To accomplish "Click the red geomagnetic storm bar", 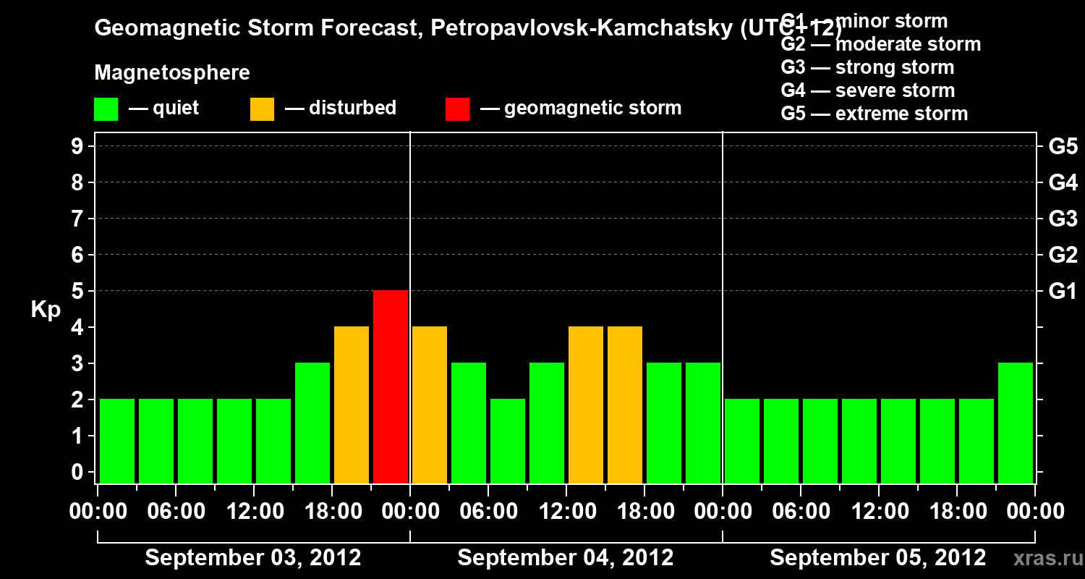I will pyautogui.click(x=391, y=386).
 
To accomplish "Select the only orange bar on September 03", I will pyautogui.click(x=352, y=405).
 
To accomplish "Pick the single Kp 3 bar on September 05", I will pyautogui.click(x=1016, y=423).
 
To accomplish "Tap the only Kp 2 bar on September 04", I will pyautogui.click(x=508, y=441).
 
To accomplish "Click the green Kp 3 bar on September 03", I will pyautogui.click(x=312, y=423).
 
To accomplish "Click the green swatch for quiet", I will pyautogui.click(x=106, y=109).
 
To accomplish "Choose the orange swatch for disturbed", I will pyautogui.click(x=263, y=109).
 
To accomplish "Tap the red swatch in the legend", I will pyautogui.click(x=458, y=109).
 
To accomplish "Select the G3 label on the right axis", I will pyautogui.click(x=1063, y=219).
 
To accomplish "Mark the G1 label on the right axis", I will pyautogui.click(x=1063, y=292).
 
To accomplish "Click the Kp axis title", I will pyautogui.click(x=46, y=310).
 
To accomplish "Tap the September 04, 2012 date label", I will pyautogui.click(x=566, y=558).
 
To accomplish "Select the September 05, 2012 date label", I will pyautogui.click(x=877, y=558).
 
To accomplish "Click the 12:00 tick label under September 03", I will pyautogui.click(x=254, y=511).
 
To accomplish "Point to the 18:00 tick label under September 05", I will pyautogui.click(x=956, y=511).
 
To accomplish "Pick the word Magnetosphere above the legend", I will pyautogui.click(x=172, y=73).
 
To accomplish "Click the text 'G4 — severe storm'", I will pyautogui.click(x=868, y=90).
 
